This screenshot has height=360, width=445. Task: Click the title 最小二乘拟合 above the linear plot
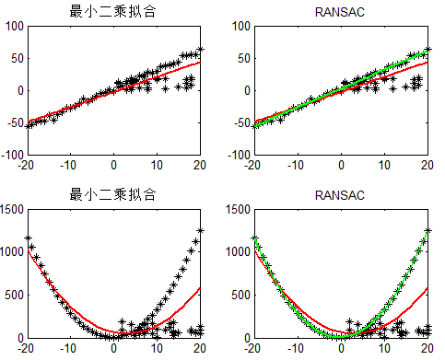113,11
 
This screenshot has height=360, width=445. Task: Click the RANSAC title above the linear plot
340,11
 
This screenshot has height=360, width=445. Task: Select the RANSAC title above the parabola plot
340,195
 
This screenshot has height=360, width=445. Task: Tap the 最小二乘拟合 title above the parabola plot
113,195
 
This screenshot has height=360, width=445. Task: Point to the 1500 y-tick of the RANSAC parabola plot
235,210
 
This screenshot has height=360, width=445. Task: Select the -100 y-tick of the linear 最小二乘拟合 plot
10,155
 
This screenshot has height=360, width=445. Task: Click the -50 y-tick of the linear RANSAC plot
239,122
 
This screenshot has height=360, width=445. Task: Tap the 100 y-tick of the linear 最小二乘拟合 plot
12,26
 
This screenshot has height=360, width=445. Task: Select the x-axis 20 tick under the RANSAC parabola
427,348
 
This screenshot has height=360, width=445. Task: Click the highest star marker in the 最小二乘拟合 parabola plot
200,230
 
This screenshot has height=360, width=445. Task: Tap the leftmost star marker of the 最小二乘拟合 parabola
28,238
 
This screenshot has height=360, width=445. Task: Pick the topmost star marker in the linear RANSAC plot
427,49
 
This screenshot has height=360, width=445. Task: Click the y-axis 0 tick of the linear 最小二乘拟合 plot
18,90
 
